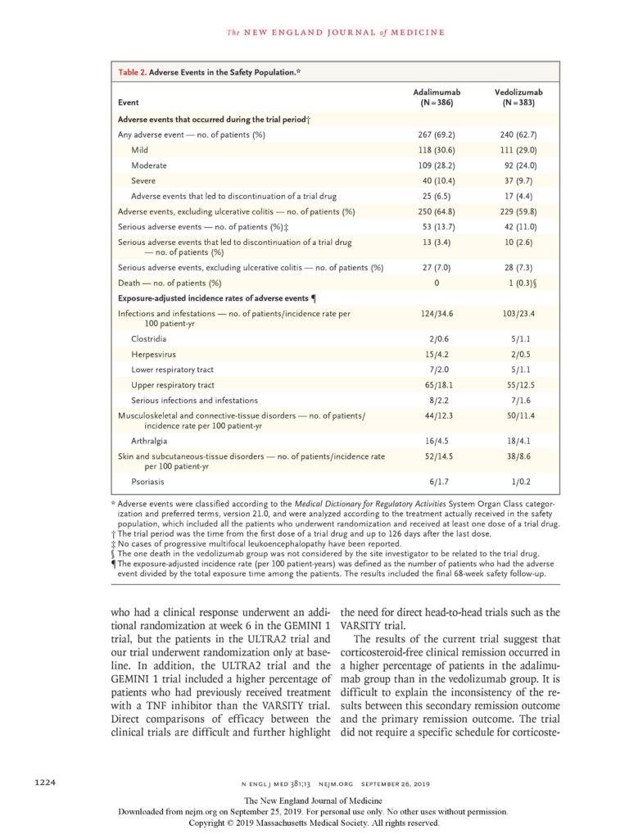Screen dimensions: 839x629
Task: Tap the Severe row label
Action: (x=143, y=180)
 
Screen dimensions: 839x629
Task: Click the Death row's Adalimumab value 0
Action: (x=437, y=283)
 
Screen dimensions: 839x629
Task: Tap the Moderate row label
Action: (x=149, y=166)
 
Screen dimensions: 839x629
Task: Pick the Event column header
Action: (x=129, y=103)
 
